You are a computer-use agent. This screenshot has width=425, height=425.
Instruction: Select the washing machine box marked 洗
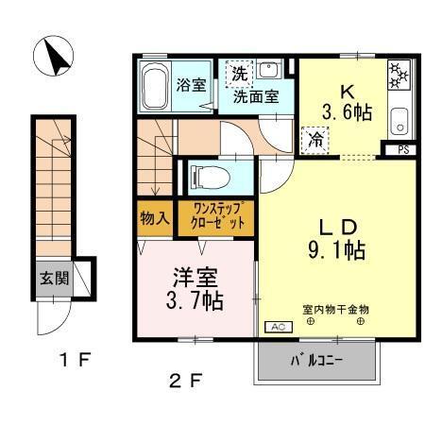click(239, 73)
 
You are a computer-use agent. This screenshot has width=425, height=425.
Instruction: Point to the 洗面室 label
click(255, 95)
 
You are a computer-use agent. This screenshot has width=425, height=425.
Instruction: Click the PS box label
click(402, 149)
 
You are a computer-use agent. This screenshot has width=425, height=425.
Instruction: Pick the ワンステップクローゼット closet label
click(221, 217)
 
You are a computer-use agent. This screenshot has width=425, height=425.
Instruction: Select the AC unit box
click(278, 327)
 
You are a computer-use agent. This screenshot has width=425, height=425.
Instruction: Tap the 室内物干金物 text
click(335, 309)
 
